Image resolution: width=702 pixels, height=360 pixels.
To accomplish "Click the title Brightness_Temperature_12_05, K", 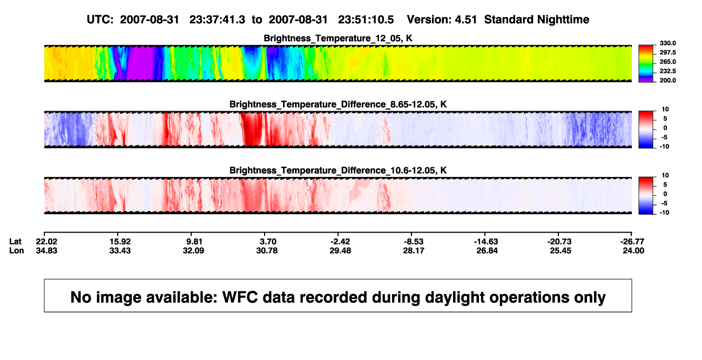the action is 338,38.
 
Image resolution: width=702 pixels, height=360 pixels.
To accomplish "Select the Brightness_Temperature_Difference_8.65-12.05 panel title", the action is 338,104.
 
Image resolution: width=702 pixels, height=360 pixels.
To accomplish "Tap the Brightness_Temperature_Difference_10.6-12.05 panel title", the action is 338,171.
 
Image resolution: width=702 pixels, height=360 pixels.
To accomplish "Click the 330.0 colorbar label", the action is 667,43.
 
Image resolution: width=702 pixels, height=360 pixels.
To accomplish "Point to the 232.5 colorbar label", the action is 667,71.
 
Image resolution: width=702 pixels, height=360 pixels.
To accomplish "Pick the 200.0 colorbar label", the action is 667,80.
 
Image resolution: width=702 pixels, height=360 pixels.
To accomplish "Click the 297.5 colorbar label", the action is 667,53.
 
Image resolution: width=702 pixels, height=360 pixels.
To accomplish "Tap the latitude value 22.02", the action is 46,242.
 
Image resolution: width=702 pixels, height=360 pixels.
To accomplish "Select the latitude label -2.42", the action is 340,242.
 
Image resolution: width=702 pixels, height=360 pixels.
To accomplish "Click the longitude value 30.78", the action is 267,250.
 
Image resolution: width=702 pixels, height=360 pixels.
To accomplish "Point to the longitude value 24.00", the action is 633,250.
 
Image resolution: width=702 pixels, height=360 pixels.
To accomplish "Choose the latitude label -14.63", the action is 486,242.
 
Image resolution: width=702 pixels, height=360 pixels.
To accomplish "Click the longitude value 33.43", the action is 120,250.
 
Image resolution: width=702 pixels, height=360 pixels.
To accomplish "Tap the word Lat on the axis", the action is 15,242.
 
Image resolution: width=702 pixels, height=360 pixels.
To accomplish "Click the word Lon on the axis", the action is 17,250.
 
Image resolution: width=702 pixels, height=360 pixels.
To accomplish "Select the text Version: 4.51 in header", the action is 442,19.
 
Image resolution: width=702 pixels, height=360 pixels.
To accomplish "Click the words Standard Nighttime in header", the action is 537,19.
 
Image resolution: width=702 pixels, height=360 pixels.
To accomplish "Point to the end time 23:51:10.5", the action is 366,19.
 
